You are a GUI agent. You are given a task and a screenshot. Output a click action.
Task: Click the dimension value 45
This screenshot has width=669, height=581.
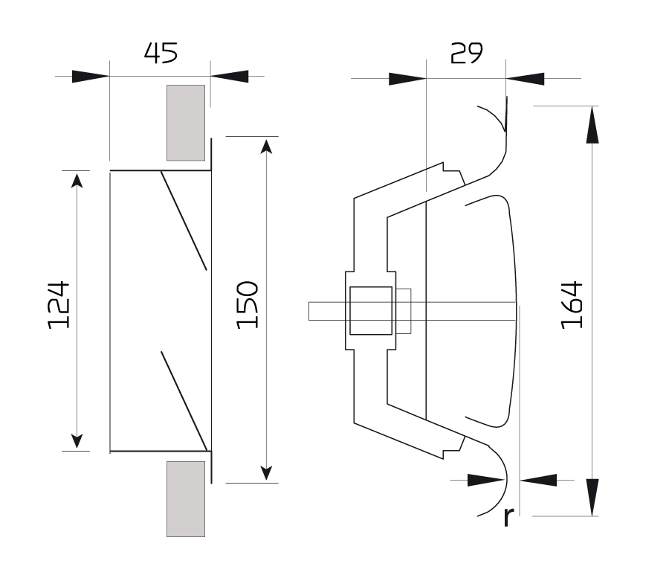click(161, 53)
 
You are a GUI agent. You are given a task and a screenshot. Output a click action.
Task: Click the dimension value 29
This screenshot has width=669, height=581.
click(466, 53)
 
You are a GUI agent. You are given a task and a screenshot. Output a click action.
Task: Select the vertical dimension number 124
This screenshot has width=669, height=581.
click(59, 305)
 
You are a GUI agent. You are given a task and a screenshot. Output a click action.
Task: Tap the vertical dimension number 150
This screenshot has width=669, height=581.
click(248, 305)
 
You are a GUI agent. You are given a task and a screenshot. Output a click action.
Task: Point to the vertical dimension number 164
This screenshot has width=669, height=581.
click(572, 305)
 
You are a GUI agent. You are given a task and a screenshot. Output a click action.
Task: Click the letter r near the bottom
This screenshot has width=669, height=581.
click(508, 516)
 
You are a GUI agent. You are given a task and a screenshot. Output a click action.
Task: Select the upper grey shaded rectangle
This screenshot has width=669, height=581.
click(186, 123)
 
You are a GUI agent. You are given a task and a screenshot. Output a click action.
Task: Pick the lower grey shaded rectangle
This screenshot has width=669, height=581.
click(186, 499)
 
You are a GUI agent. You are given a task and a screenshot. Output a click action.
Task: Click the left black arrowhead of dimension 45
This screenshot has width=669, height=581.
click(91, 77)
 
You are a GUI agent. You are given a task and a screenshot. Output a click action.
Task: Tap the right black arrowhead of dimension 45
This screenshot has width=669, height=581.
click(229, 77)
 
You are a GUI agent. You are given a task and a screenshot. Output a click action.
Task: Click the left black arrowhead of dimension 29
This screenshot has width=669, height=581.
click(407, 79)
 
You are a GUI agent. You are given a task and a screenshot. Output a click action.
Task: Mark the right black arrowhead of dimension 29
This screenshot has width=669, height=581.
click(526, 79)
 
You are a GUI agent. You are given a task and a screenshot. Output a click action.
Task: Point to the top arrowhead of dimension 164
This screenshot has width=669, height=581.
click(592, 125)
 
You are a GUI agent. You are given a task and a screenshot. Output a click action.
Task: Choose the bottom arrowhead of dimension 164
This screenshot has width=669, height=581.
click(592, 498)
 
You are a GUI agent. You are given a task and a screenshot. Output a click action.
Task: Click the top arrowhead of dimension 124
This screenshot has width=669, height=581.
click(77, 181)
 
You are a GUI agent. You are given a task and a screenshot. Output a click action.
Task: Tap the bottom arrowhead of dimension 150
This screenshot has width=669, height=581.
click(266, 473)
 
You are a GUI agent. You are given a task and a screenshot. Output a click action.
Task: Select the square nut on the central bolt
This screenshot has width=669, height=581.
click(371, 310)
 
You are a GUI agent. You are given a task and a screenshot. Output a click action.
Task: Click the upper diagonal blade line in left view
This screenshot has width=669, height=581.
click(184, 221)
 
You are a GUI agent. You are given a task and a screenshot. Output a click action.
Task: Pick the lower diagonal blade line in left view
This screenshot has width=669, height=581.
click(184, 401)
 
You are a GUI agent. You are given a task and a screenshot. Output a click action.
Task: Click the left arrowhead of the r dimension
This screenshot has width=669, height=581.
click(486, 481)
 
